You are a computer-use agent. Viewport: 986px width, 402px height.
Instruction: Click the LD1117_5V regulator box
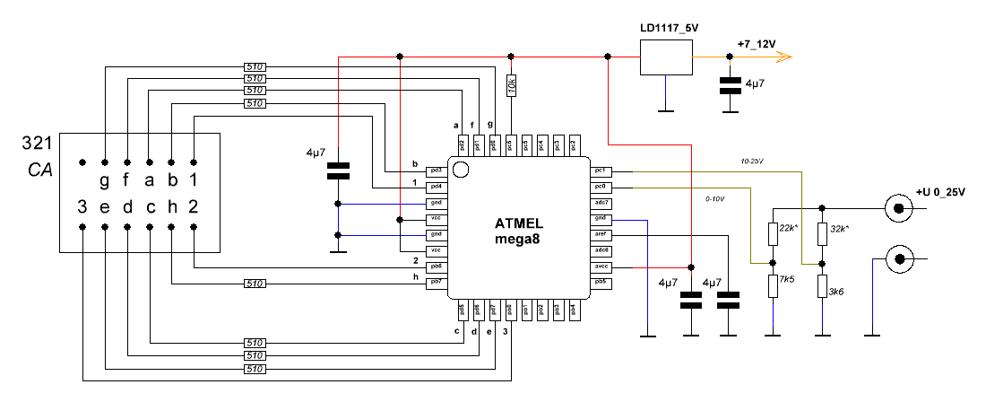[x=666, y=57]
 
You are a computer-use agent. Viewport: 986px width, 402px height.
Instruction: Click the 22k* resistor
[x=773, y=233]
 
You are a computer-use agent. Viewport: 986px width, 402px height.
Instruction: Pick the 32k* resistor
[x=822, y=233]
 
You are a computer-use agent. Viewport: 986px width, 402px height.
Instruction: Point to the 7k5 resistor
[x=773, y=286]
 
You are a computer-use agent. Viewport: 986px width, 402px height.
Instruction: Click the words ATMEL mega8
[x=519, y=231]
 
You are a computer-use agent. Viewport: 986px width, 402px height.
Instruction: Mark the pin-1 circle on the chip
[x=461, y=170]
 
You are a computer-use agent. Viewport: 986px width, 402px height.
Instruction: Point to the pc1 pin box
[x=601, y=170]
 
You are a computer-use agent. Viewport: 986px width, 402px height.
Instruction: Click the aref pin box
[x=601, y=234]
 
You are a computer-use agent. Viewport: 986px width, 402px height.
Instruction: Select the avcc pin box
[x=601, y=267]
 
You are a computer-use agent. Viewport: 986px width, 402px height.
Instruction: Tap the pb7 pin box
[x=437, y=284]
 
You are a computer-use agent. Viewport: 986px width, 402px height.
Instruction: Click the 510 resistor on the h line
[x=255, y=284]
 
